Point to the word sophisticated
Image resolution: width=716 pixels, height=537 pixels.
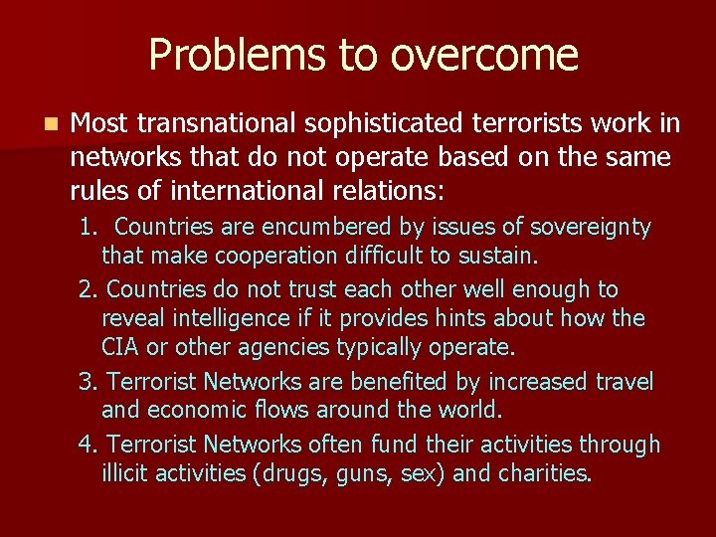point(375,123)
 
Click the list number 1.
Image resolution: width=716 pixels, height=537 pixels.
point(89,228)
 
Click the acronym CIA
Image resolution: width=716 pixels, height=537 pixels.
point(120,348)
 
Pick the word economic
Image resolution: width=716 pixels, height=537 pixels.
point(196,411)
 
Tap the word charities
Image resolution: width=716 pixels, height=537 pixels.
point(544,473)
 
